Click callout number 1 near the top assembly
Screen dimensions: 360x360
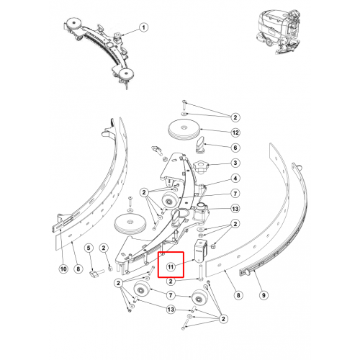click(x=143, y=27)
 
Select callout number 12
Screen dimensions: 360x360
click(x=235, y=132)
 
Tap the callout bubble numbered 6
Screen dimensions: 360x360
click(x=235, y=148)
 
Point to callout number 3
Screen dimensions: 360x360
click(x=235, y=163)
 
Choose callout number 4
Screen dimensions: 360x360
click(x=235, y=179)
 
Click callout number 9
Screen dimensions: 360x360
click(x=264, y=295)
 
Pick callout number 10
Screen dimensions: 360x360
click(x=63, y=269)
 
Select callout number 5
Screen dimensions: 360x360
click(x=89, y=248)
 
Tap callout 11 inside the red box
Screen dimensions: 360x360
click(x=171, y=267)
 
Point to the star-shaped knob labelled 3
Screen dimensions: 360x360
click(x=201, y=167)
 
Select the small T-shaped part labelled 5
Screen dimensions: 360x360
click(x=96, y=274)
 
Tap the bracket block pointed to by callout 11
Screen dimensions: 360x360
click(x=199, y=251)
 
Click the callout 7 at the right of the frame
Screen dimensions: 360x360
click(x=235, y=194)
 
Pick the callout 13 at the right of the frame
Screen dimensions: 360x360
click(x=235, y=209)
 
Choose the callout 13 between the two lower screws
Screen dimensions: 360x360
click(x=171, y=310)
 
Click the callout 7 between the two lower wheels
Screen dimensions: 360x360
click(x=171, y=295)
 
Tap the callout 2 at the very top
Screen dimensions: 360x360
click(x=235, y=117)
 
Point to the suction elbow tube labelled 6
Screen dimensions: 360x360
click(x=200, y=144)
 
